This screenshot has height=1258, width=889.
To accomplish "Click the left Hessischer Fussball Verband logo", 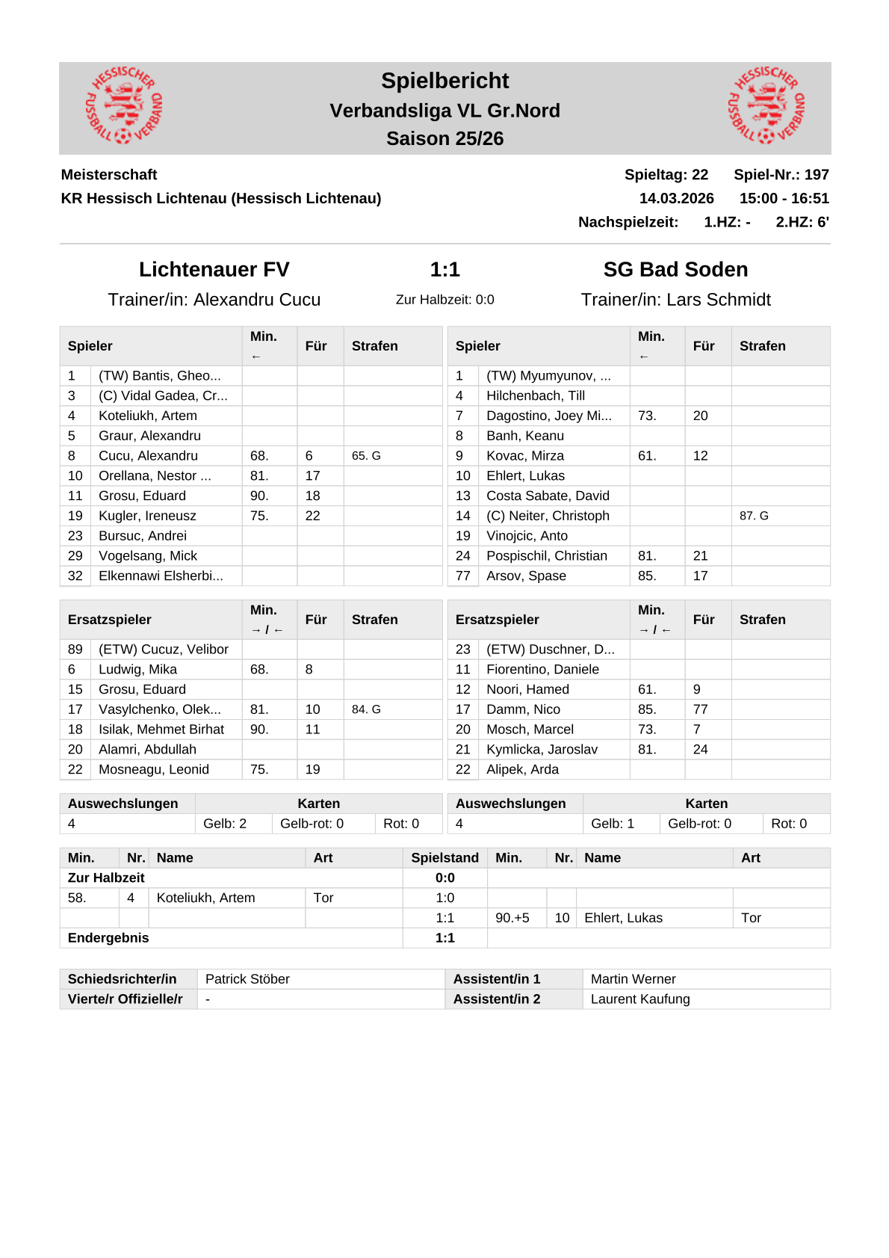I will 124,105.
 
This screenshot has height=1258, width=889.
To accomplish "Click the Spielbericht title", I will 444,81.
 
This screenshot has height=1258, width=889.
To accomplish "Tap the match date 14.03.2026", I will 676,198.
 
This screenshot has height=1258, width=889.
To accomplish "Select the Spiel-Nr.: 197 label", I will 781,174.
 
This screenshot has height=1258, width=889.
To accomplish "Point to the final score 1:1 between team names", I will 444,269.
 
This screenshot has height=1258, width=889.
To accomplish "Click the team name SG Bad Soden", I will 675,269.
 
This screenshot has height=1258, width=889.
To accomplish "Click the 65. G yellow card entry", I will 366,456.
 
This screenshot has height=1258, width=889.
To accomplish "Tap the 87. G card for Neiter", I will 754,516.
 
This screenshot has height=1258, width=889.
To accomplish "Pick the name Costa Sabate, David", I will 548,496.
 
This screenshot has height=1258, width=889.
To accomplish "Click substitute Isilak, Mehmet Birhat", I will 161,730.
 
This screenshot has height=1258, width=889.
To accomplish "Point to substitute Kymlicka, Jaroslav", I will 542,750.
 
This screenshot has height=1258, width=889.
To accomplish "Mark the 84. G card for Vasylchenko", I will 366,709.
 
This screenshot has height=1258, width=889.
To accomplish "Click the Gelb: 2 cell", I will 225,824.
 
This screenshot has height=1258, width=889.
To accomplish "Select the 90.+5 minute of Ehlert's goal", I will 512,918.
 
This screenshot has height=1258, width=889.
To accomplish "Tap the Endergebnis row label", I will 108,938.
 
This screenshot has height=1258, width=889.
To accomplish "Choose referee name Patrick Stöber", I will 247,979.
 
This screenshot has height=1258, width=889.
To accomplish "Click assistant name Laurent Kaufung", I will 640,999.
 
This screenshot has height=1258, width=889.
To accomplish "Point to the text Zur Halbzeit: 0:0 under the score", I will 444,300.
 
